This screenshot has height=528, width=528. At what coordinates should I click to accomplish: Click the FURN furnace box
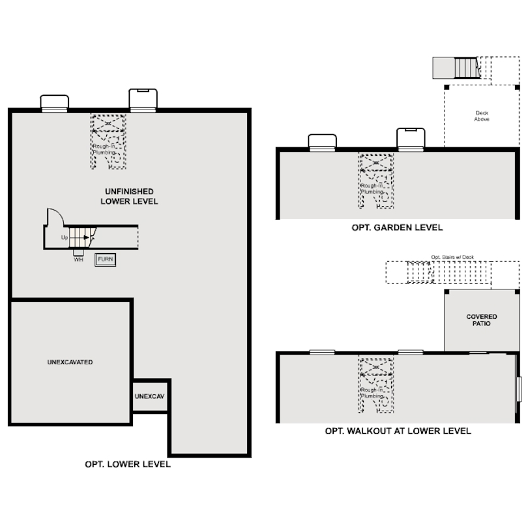tap(106, 259)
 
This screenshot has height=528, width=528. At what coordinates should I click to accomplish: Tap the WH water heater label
tap(78, 259)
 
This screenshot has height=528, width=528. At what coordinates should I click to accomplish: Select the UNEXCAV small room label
tap(149, 396)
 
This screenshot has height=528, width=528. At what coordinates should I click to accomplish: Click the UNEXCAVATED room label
tap(70, 362)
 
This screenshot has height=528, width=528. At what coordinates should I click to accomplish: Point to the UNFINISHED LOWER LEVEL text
tap(129, 196)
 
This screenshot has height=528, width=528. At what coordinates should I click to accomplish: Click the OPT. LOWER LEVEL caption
tap(128, 464)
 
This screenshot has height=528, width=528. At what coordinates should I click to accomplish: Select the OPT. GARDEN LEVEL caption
tap(397, 227)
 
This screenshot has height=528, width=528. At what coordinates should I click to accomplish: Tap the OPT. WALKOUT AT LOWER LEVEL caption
tap(398, 431)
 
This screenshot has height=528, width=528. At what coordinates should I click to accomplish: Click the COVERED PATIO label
tap(482, 320)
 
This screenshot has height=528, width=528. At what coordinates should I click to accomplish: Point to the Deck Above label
tap(482, 116)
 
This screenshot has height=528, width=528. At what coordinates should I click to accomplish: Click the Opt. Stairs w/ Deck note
tap(452, 257)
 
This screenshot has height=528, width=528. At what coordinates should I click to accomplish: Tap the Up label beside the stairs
tap(65, 237)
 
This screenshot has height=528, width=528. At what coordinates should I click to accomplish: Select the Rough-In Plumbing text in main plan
tap(104, 149)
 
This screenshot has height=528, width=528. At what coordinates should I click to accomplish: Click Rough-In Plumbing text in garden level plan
tap(372, 188)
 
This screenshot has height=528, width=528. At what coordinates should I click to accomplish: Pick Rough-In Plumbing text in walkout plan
tap(372, 392)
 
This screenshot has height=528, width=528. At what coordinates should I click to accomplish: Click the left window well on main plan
tap(55, 103)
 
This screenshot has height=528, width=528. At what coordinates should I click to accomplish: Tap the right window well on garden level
tap(411, 138)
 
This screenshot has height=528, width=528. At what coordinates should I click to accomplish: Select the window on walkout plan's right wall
tap(519, 389)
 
